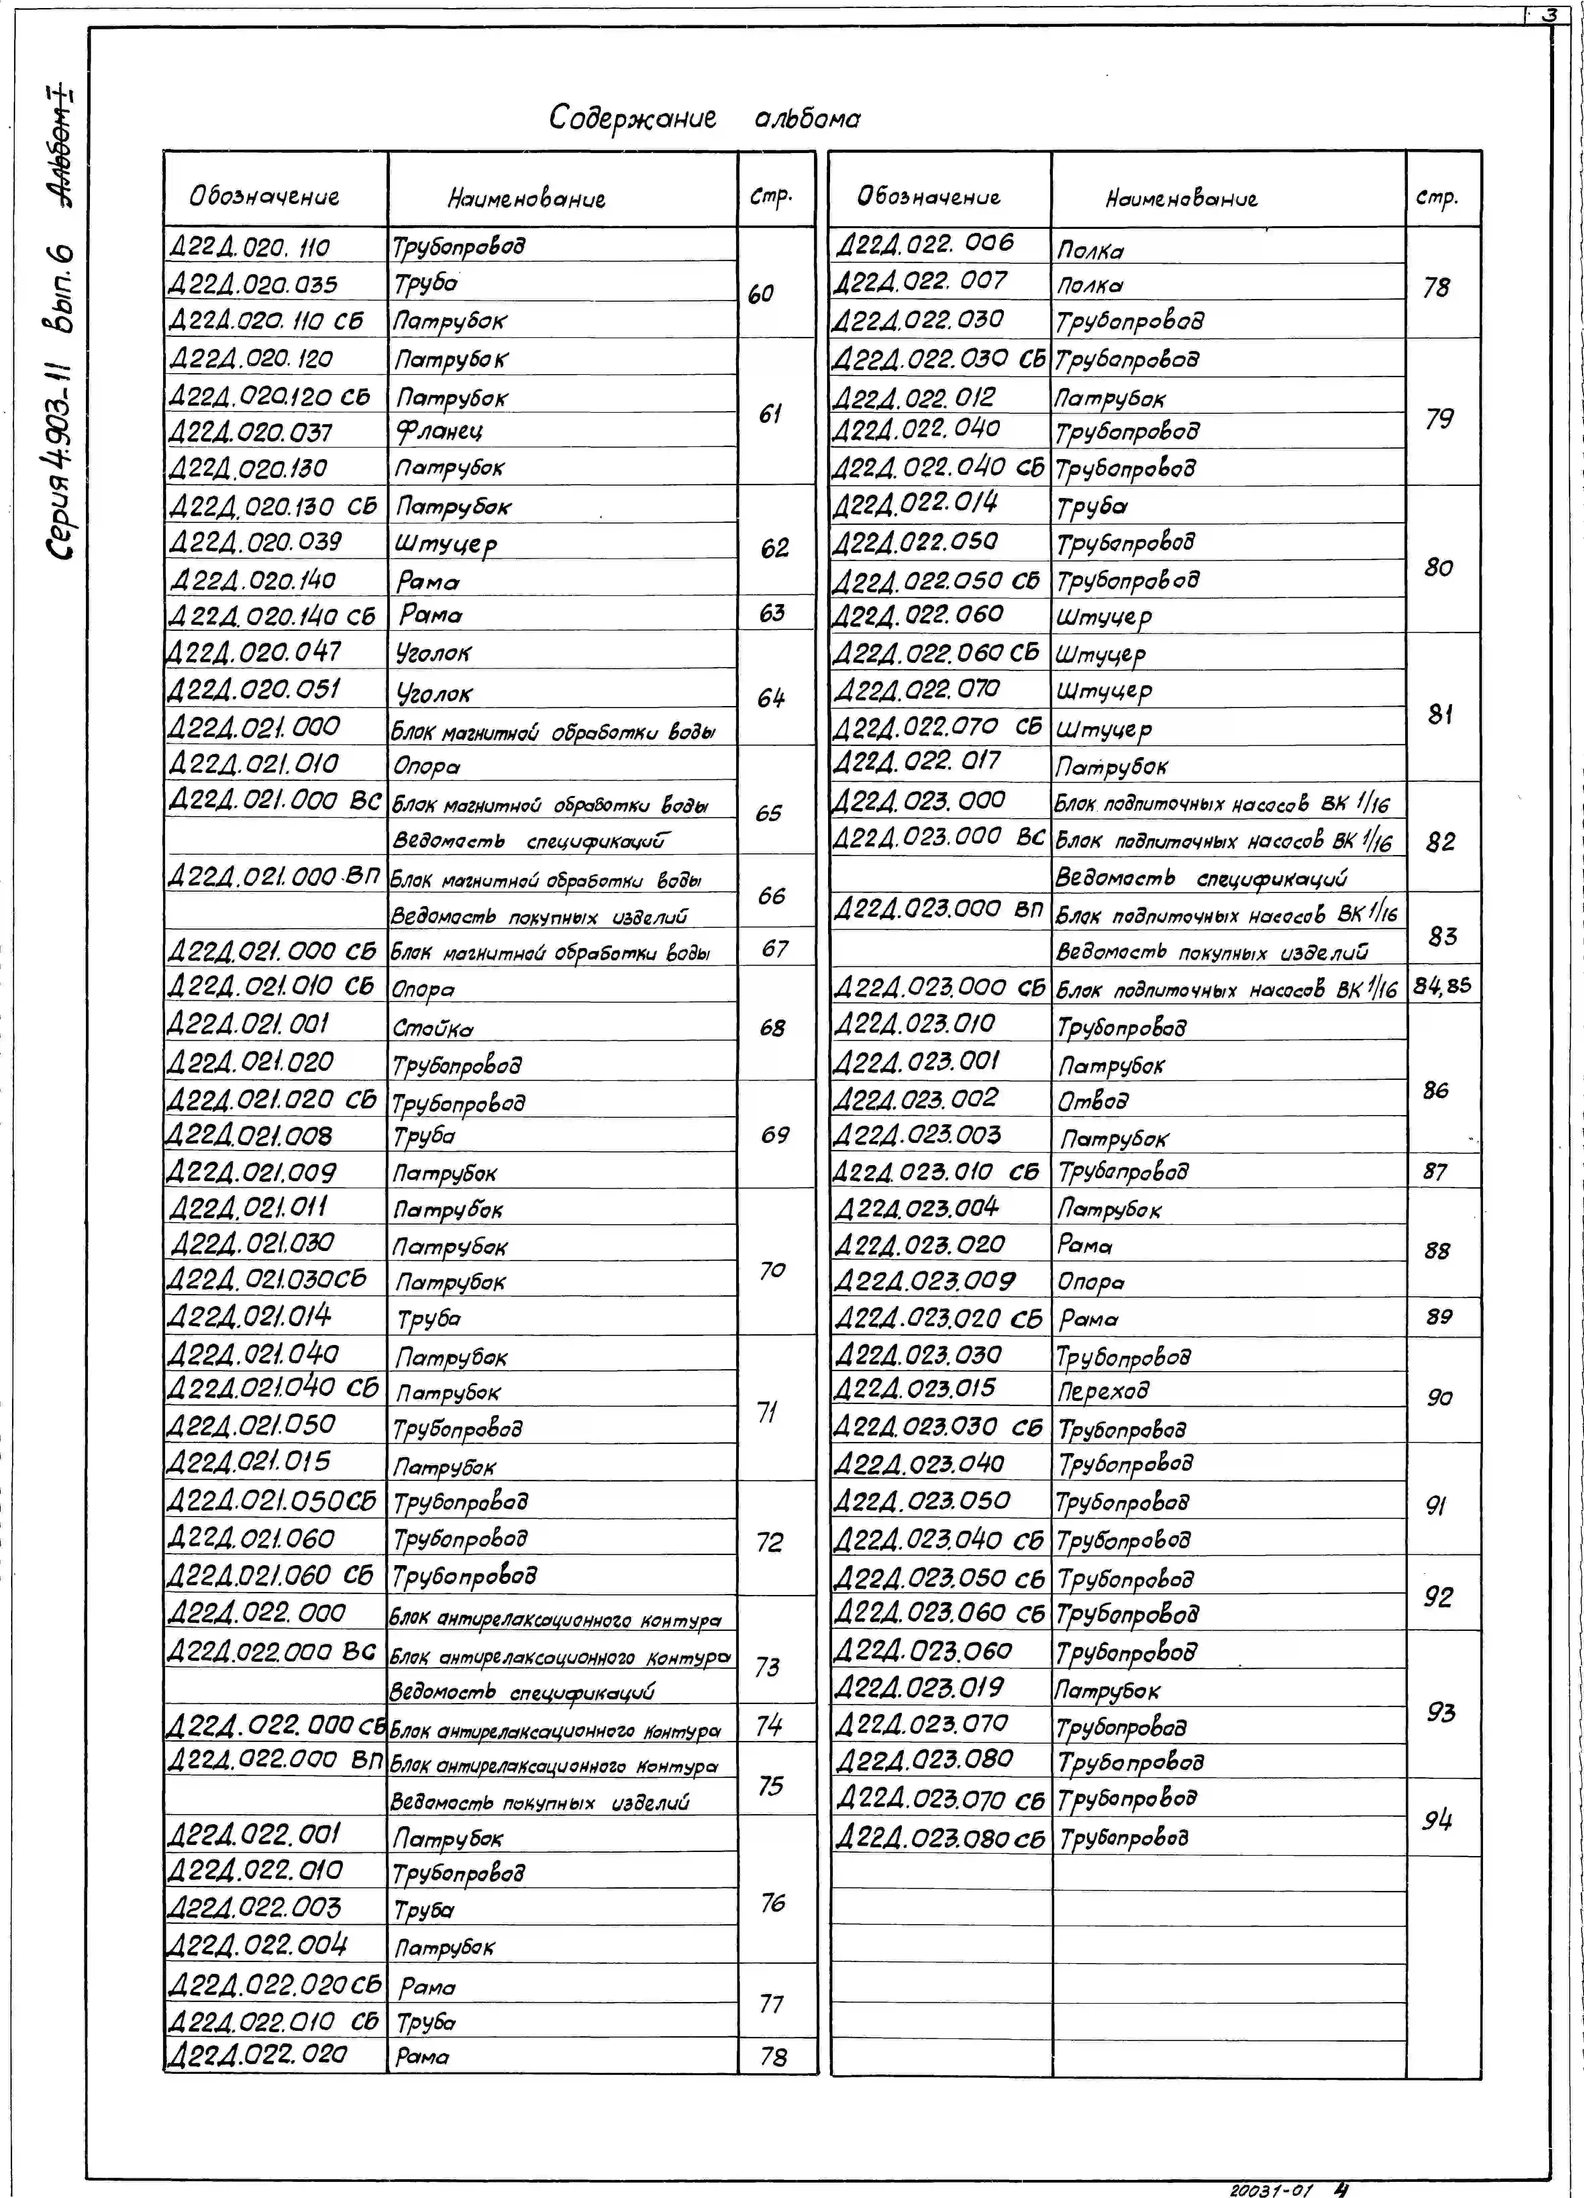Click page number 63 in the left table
(772, 612)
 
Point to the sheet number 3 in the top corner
(1550, 14)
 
